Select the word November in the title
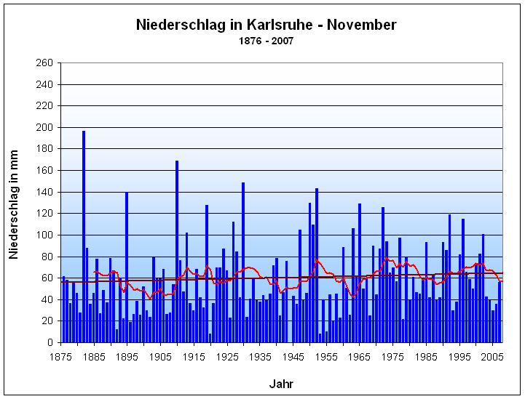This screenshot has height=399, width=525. [x=361, y=25]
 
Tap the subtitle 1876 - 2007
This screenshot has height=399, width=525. [x=267, y=41]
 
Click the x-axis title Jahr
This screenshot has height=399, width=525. [x=281, y=383]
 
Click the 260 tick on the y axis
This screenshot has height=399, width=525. [x=44, y=63]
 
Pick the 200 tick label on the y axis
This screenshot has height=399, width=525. [x=44, y=128]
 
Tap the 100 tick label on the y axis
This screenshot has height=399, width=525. [x=44, y=235]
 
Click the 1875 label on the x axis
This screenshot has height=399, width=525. [x=60, y=356]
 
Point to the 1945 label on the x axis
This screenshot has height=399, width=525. [x=293, y=356]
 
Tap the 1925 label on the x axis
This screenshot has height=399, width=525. [x=227, y=356]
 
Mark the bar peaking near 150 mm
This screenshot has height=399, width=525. [x=243, y=262]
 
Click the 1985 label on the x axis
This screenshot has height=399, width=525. [x=427, y=356]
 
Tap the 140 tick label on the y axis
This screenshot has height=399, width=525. [x=44, y=193]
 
